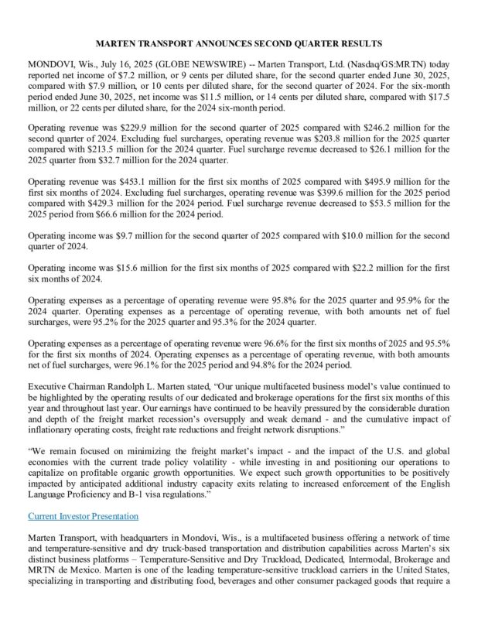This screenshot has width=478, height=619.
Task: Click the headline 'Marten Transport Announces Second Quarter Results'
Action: click(x=239, y=43)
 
